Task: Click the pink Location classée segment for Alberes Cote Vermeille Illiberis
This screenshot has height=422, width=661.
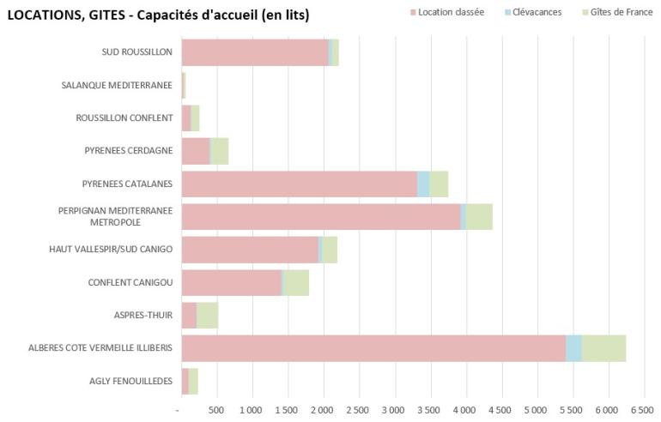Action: (373, 348)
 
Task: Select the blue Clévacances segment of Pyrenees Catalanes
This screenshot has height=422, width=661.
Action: (423, 184)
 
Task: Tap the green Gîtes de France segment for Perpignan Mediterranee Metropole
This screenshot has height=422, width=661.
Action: (479, 217)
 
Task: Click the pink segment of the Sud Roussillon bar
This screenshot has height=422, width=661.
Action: (255, 52)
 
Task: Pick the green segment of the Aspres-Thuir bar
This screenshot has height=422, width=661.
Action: (208, 316)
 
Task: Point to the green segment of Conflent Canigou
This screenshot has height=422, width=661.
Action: (296, 283)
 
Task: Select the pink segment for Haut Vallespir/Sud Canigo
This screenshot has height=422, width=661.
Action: (250, 250)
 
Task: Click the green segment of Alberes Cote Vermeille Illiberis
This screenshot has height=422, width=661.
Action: (603, 348)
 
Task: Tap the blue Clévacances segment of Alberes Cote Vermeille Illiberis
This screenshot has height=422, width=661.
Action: (573, 348)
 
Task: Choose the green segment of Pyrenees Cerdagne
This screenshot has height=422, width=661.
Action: (220, 151)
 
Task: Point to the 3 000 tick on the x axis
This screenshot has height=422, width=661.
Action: (395, 409)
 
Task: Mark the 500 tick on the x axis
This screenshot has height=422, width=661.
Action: (217, 409)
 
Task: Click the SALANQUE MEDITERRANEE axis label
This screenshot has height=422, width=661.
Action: (117, 85)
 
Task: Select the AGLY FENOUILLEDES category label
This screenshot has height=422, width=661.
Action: (130, 382)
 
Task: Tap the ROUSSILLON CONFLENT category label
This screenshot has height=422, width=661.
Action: (124, 118)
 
